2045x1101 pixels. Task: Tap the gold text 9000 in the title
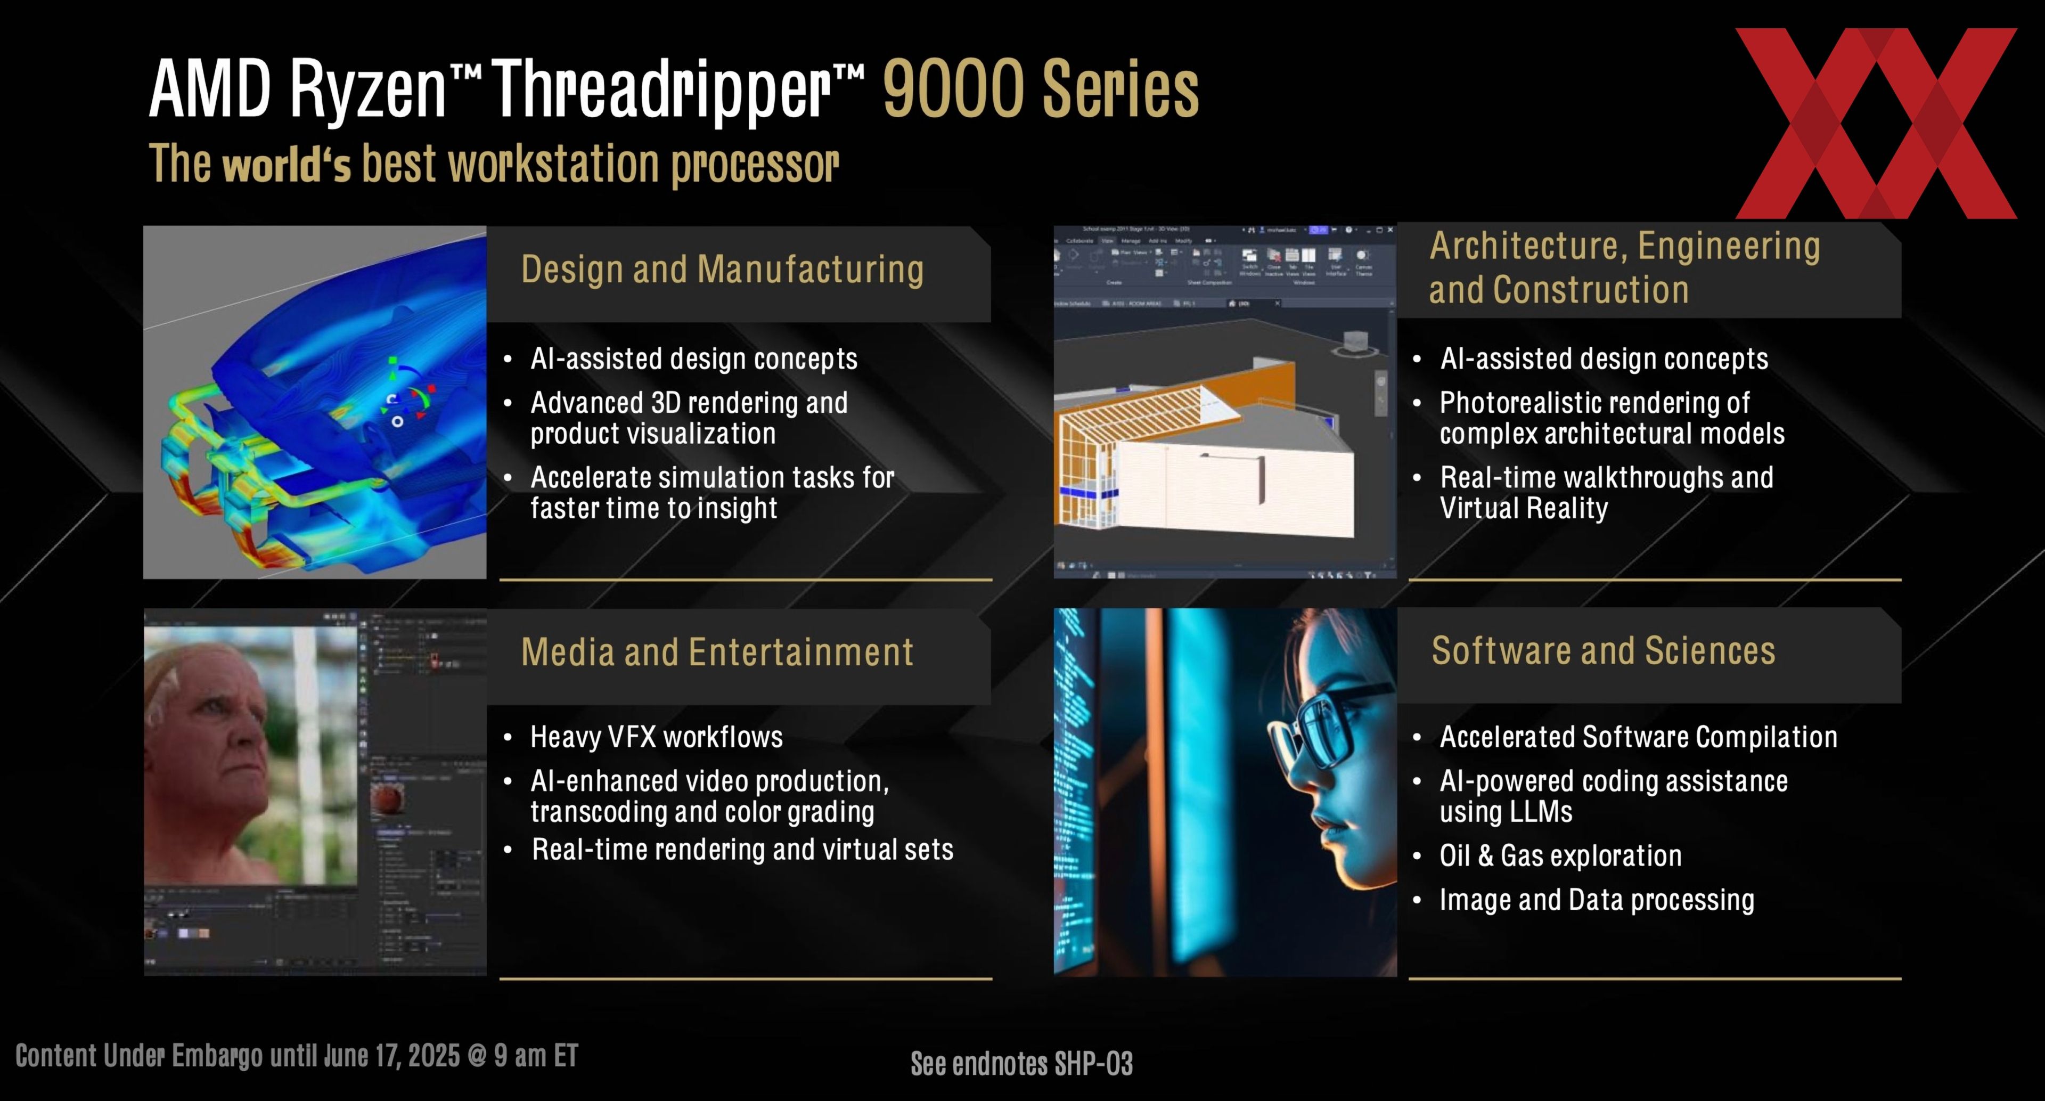[953, 89]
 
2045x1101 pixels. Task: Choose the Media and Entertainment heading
[717, 653]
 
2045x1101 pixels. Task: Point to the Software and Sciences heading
[1603, 651]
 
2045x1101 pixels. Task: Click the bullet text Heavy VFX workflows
[656, 737]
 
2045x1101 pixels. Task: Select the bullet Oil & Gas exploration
[1560, 856]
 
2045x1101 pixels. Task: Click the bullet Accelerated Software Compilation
[1638, 737]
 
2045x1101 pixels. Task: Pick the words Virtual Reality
[1524, 508]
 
